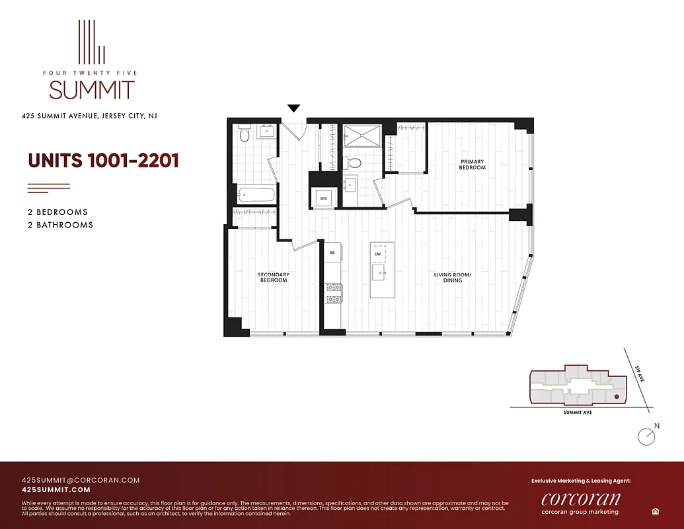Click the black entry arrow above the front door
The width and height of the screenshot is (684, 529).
coord(294,108)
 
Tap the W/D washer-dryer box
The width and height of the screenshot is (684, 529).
coord(324,198)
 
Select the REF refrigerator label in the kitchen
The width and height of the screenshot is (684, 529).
coord(332,252)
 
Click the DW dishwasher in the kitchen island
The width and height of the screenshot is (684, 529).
coord(378,254)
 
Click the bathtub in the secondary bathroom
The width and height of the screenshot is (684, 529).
coord(256,194)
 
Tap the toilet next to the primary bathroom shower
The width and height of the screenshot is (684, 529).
coord(354,162)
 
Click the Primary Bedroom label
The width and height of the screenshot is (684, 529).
coord(472,165)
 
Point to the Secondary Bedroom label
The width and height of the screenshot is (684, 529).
coord(273,278)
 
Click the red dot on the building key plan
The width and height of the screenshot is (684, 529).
coord(617,397)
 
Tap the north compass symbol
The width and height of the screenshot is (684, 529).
coord(646,436)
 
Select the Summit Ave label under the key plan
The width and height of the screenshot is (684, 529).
coord(578,413)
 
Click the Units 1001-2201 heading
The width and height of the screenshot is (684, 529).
coord(103,161)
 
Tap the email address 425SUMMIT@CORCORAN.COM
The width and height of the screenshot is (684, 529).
coord(81,480)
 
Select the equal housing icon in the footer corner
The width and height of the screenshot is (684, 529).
coord(655,511)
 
